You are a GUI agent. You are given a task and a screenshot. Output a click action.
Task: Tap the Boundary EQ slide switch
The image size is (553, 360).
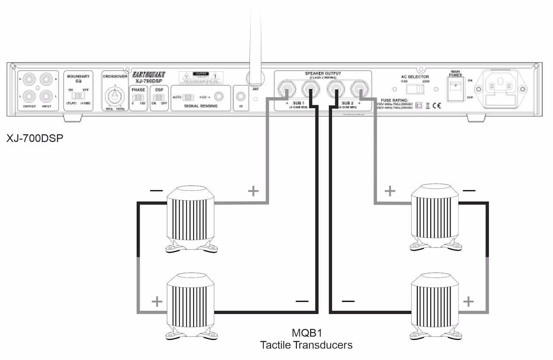pyautogui.click(x=79, y=95)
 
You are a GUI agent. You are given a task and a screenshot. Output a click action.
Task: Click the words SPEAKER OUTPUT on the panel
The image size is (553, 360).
pyautogui.click(x=323, y=74)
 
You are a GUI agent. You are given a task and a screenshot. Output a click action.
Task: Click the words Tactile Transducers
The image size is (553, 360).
pyautogui.click(x=306, y=345)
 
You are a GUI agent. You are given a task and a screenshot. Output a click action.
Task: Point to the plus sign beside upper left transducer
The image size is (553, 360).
pyautogui.click(x=253, y=191)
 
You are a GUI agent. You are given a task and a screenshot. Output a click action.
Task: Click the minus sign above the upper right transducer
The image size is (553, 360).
pyautogui.click(x=469, y=190)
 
